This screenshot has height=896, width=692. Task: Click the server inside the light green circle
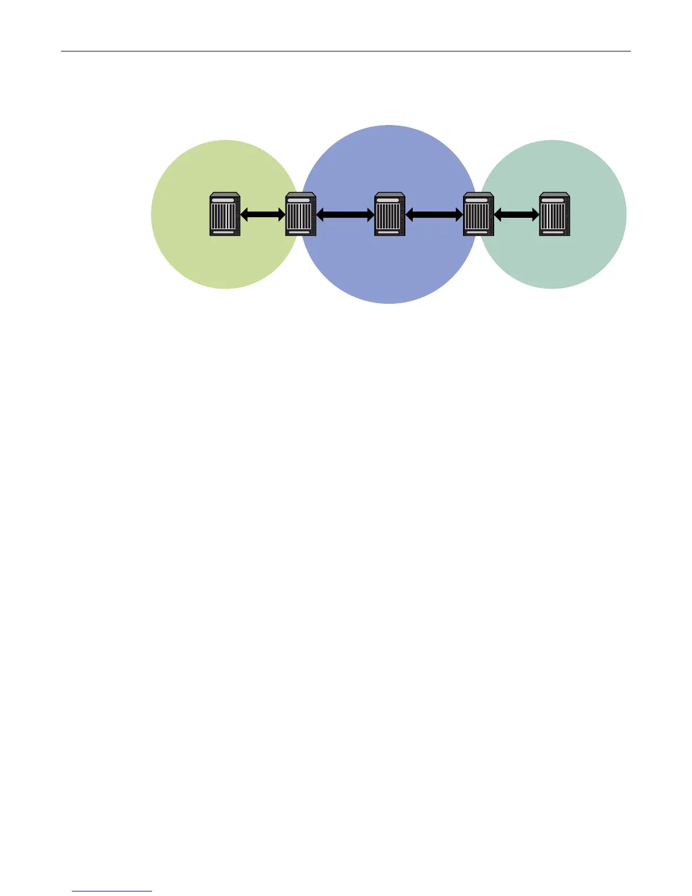point(225,214)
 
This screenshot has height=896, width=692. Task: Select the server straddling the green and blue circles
point(300,214)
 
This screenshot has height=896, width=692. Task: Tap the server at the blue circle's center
point(390,214)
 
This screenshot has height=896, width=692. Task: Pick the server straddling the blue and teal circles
point(478,214)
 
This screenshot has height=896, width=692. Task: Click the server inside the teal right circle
point(554,214)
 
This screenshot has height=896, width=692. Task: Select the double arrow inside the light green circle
point(263,214)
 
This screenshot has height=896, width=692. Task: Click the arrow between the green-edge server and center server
point(345,214)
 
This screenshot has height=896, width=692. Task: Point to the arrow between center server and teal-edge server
point(434,214)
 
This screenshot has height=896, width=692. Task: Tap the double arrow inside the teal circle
point(516,214)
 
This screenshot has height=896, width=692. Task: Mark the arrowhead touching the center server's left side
point(370,214)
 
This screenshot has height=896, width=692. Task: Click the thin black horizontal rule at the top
point(345,51)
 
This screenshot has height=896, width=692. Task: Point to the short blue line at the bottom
point(112,891)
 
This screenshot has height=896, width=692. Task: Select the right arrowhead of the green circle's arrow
point(282,214)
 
